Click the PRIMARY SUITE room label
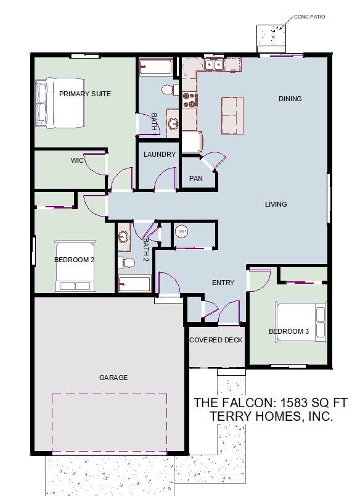(85, 94)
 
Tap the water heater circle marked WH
(182, 231)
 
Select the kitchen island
(232, 115)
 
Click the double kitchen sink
(214, 65)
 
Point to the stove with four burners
(190, 99)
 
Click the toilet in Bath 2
(126, 262)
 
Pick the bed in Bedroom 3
(301, 321)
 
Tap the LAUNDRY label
(159, 154)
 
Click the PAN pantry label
(195, 178)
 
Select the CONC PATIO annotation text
(309, 17)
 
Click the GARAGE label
(113, 378)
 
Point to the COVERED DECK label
(216, 340)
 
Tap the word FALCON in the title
(247, 402)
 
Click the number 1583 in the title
(294, 402)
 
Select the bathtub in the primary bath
(156, 67)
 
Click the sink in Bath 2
(124, 237)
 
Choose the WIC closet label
(77, 160)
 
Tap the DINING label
(290, 99)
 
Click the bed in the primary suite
(60, 103)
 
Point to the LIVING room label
(276, 204)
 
